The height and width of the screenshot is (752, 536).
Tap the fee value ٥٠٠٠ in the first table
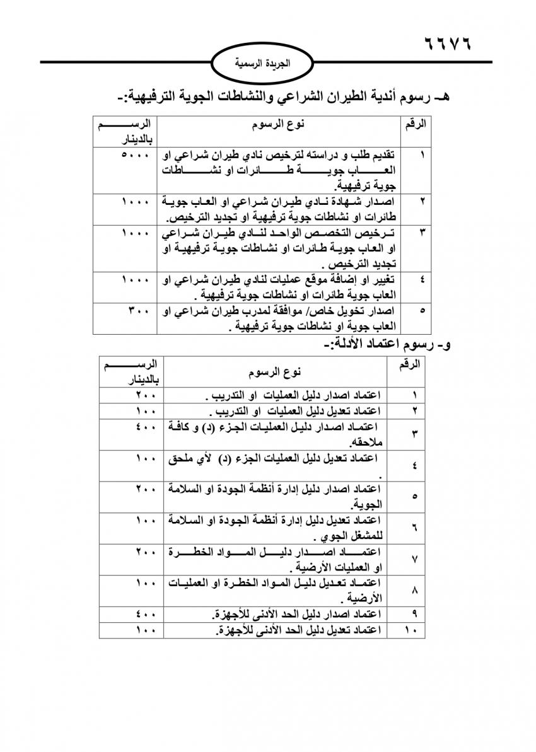[x=135, y=154]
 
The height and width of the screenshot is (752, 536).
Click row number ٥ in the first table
[x=421, y=311]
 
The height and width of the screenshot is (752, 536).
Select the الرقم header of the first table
[x=416, y=124]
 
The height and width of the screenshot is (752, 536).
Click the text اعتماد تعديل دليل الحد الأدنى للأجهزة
[x=297, y=630]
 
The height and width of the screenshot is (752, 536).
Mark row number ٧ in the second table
[x=414, y=559]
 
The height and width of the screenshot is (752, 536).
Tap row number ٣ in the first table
[x=421, y=233]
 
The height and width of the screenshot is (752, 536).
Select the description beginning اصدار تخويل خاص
[x=285, y=319]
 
